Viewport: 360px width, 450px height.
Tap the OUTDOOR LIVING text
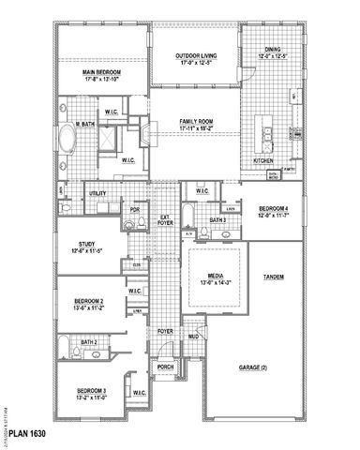pyautogui.click(x=194, y=57)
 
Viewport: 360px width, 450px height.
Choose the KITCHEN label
pyautogui.click(x=265, y=160)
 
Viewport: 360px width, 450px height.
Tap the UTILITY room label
pyautogui.click(x=98, y=193)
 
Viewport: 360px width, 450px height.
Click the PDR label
pyautogui.click(x=135, y=210)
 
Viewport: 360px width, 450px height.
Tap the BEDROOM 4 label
pyautogui.click(x=274, y=210)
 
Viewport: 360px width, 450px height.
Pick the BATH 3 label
pyautogui.click(x=217, y=220)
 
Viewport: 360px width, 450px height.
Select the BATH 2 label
pyautogui.click(x=88, y=343)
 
